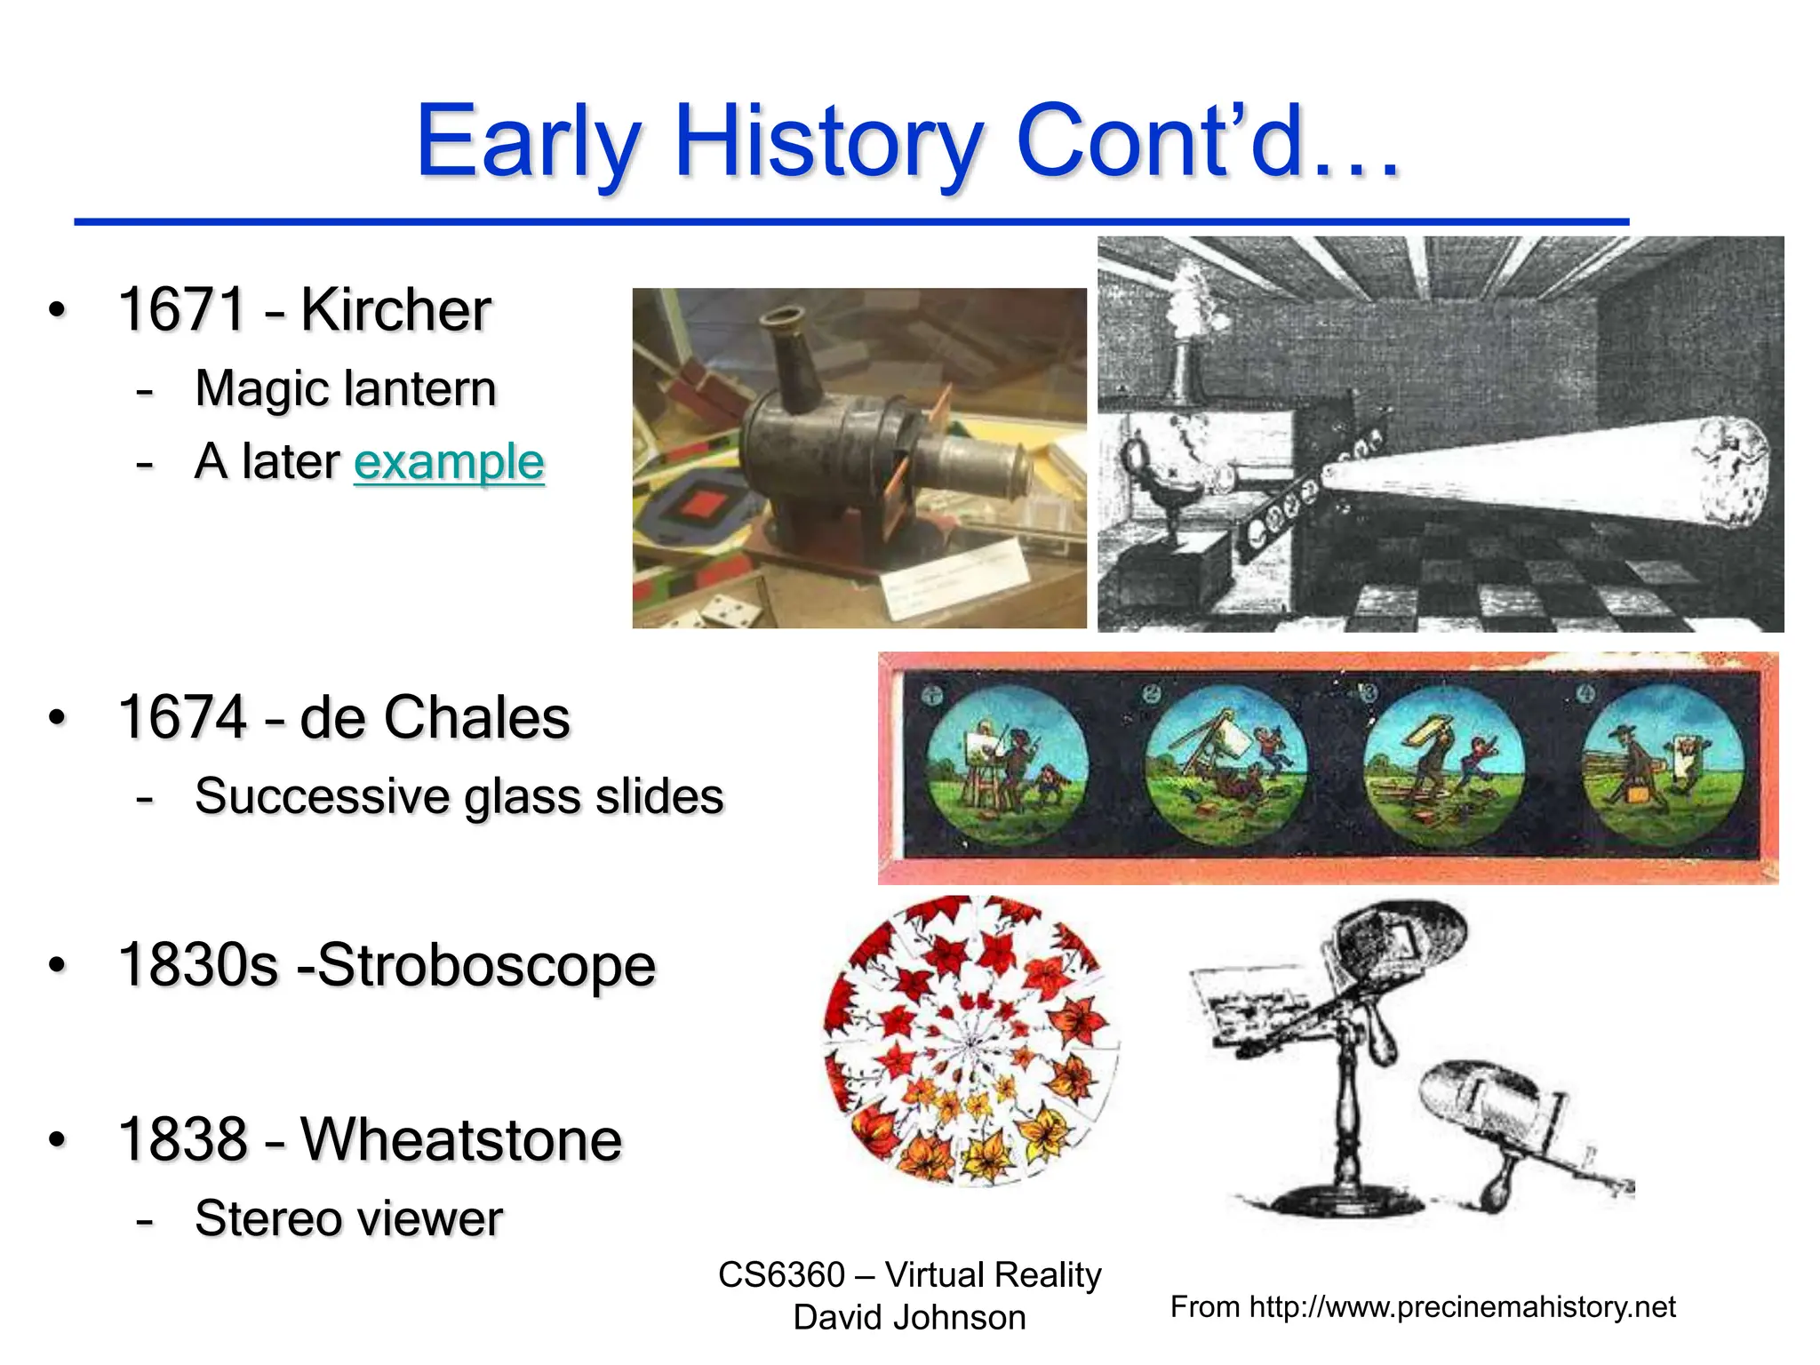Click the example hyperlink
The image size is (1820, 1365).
tap(449, 462)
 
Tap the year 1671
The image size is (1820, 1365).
tap(182, 310)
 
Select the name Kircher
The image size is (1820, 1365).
tap(395, 310)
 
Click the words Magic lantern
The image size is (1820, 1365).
tap(345, 388)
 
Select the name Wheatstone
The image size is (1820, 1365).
tap(461, 1139)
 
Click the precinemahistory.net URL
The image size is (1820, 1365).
tap(1462, 1307)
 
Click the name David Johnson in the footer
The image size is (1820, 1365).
tap(909, 1318)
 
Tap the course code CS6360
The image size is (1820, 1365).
tap(781, 1275)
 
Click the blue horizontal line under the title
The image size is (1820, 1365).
tap(850, 221)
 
